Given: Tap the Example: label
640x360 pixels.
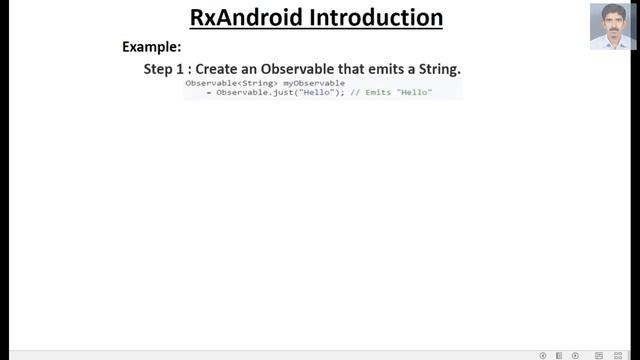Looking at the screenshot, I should point(151,47).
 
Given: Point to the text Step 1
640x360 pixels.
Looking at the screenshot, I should point(169,69).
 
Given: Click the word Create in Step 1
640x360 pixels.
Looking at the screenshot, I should point(222,69).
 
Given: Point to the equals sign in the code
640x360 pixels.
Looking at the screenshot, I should point(209,92).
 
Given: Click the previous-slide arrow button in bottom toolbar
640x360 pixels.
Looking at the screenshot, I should point(543,355).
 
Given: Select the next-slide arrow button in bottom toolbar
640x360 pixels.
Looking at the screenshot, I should point(575,355).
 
